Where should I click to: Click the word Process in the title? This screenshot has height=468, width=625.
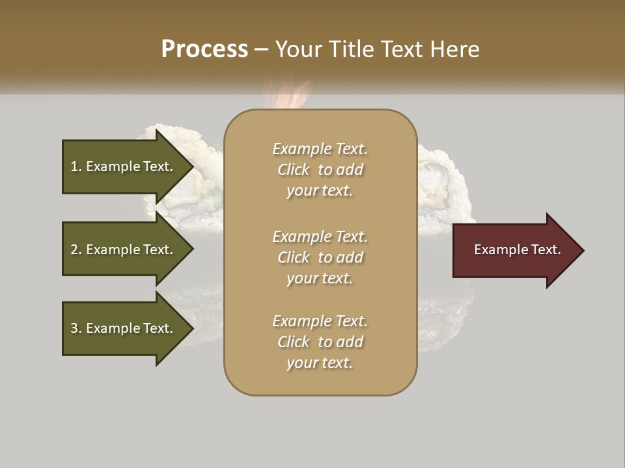tap(204, 49)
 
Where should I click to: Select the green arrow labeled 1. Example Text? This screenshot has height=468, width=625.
tap(124, 166)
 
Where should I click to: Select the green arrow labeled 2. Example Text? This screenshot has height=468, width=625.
tap(124, 250)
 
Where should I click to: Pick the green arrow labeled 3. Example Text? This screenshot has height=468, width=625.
tap(124, 328)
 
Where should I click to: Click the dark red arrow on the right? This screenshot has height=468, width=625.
tap(514, 250)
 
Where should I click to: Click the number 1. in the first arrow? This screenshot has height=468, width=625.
tap(76, 166)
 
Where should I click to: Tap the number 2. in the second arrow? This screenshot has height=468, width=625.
tap(76, 250)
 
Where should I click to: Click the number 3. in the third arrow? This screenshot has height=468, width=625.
tap(76, 328)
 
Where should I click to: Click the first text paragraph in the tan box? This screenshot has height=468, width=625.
tap(320, 170)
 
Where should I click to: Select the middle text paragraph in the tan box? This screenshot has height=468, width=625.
tap(320, 257)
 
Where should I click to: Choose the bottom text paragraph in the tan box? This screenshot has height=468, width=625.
tap(320, 342)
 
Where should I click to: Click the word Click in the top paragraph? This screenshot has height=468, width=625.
tap(293, 170)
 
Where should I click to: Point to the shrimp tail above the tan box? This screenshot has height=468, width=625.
tap(286, 94)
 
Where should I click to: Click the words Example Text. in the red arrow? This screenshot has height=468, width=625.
tap(517, 250)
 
